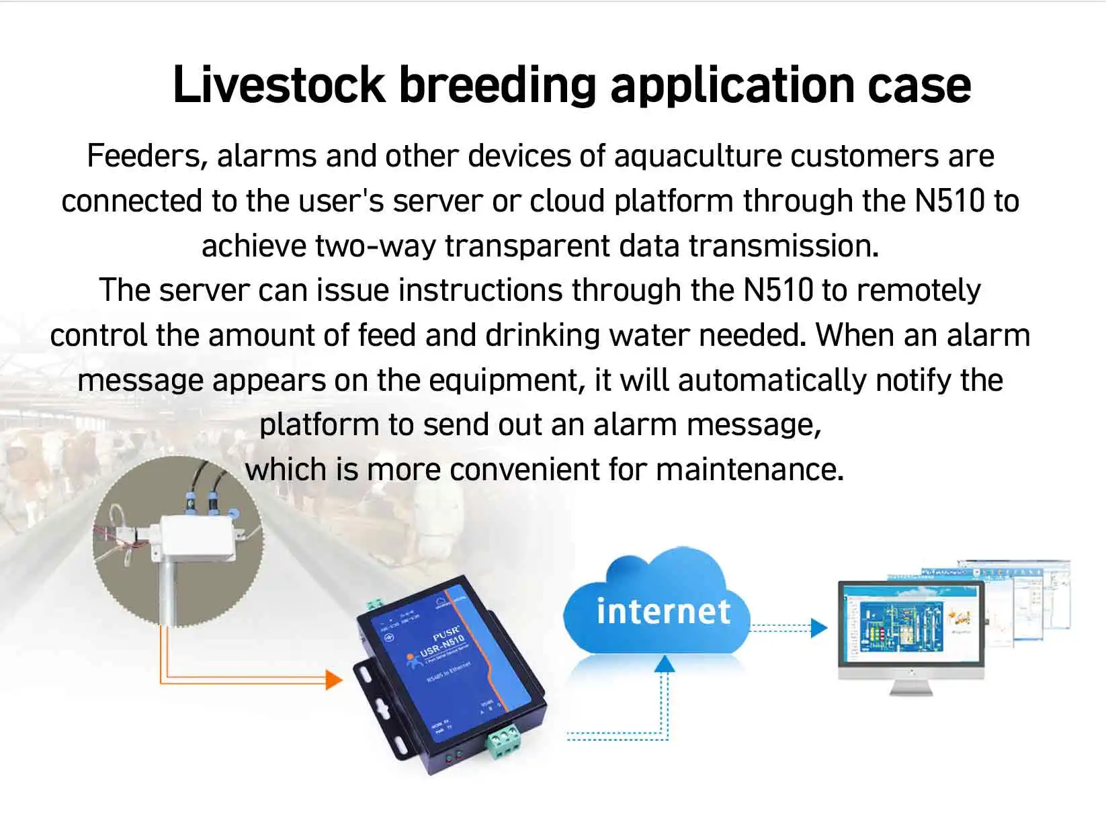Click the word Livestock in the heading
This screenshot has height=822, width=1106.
pos(278,85)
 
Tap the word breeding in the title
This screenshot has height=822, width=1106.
pos(497,85)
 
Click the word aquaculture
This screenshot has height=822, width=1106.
pos(697,156)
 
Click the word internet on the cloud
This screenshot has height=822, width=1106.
pos(663,611)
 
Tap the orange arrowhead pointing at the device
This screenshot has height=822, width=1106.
pos(334,680)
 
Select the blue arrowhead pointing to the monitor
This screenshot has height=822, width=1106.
pos(819,628)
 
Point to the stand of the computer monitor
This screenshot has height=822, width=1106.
pos(910,686)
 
